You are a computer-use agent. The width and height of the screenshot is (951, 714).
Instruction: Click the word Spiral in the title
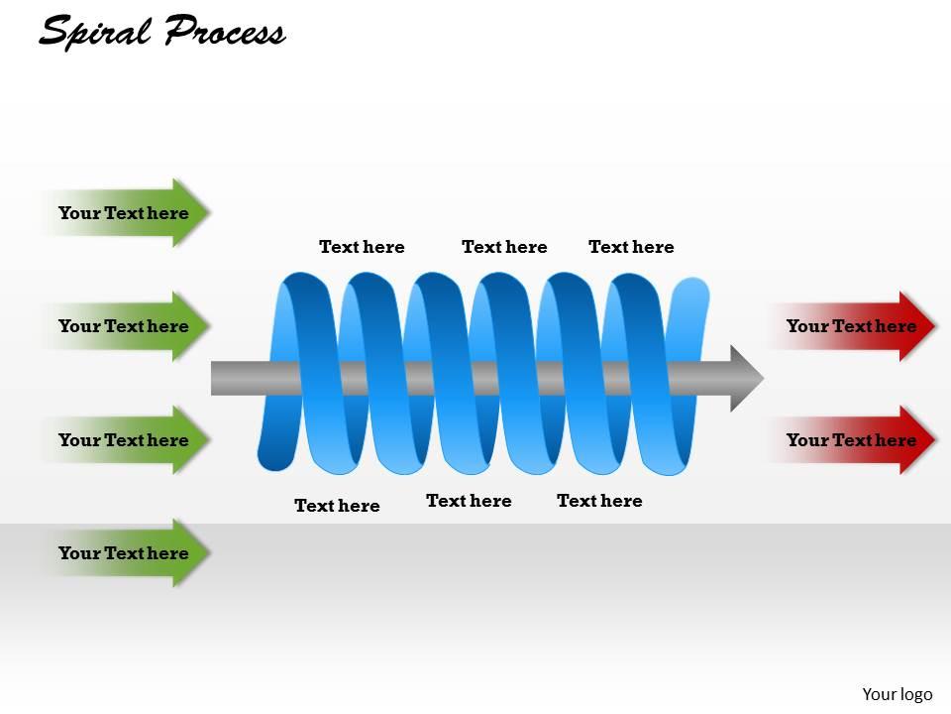pyautogui.click(x=95, y=32)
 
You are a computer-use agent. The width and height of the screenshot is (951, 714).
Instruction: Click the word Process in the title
pyautogui.click(x=224, y=32)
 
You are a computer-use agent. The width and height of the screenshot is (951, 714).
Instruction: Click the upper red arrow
pyautogui.click(x=852, y=326)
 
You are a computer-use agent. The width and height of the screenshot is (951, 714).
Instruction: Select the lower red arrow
pyautogui.click(x=852, y=439)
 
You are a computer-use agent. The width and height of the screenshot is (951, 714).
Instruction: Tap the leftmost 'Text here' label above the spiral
pyautogui.click(x=362, y=247)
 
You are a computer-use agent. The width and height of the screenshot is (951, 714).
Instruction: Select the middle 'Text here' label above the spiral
pyautogui.click(x=504, y=247)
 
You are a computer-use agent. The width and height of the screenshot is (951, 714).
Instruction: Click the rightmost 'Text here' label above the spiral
pyautogui.click(x=631, y=247)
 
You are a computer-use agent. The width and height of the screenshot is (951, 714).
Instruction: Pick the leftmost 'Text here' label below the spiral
pyautogui.click(x=337, y=506)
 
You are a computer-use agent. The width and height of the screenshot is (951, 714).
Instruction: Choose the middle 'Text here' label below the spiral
pyautogui.click(x=469, y=501)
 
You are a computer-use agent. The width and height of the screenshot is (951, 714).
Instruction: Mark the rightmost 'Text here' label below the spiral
pyautogui.click(x=599, y=501)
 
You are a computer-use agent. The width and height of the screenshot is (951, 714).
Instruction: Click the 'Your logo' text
pyautogui.click(x=898, y=694)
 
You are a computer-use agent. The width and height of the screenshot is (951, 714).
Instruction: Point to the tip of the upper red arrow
pyautogui.click(x=932, y=326)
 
